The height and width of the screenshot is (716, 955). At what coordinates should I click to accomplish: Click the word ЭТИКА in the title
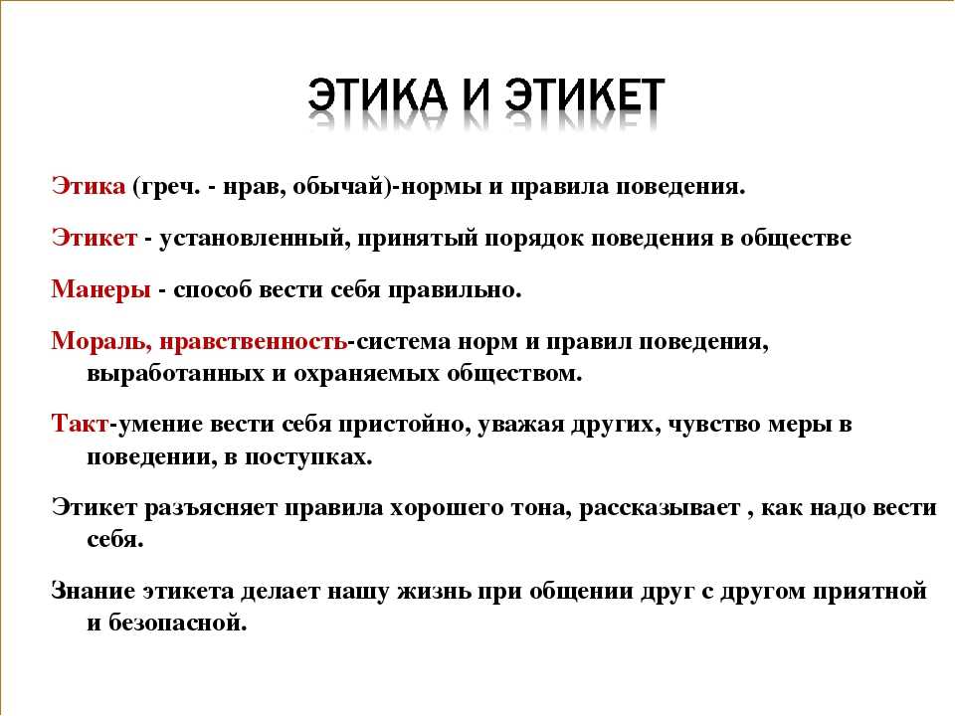tap(377, 95)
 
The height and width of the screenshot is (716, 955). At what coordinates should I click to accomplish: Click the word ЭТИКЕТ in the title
tap(585, 95)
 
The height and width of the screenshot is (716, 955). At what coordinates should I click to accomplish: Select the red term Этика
tap(89, 186)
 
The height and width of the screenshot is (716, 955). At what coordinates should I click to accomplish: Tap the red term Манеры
tap(100, 289)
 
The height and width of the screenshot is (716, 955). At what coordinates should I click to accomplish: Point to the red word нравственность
tap(253, 341)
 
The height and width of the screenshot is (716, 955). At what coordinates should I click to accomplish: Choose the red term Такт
tap(80, 424)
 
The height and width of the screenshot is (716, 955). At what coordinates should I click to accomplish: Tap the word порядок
tap(535, 238)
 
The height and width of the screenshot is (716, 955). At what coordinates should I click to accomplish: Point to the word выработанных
tap(176, 373)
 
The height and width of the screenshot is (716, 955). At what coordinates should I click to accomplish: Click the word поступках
tap(308, 456)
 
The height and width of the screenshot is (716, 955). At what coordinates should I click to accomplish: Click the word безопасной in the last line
tap(178, 623)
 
